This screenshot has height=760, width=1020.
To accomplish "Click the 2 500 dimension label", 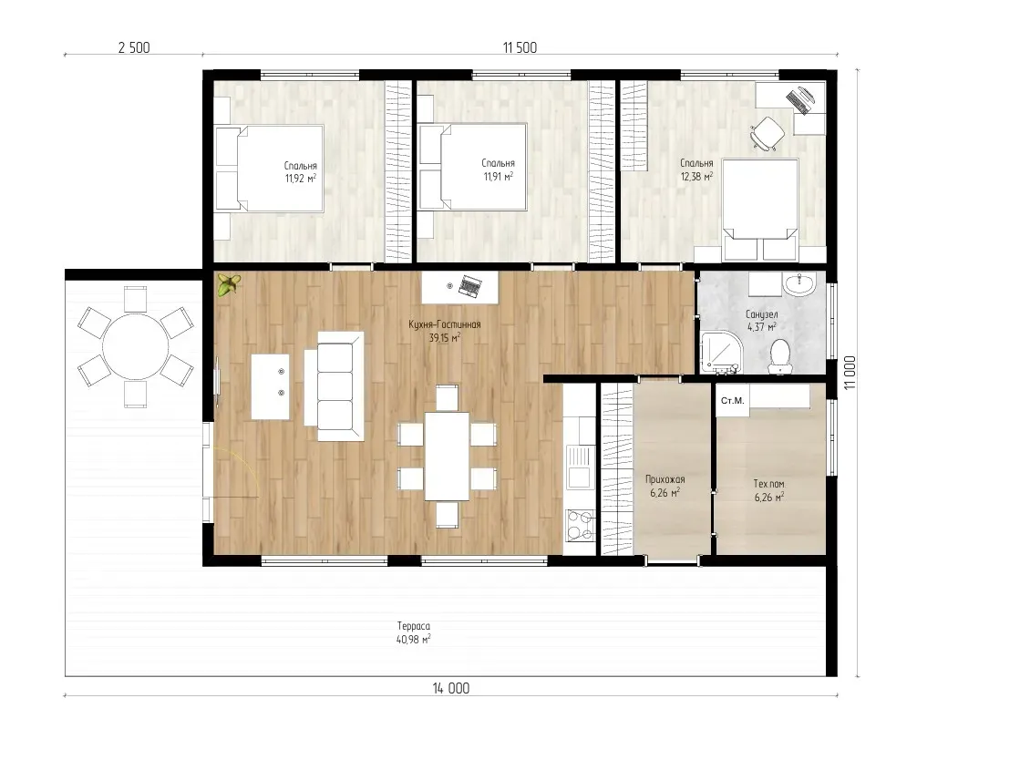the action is [x=134, y=47].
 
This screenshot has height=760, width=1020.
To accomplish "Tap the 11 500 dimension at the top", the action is [x=520, y=47].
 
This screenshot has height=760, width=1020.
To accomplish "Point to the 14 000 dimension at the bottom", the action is [x=451, y=688].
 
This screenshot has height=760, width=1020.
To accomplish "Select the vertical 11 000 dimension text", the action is [x=850, y=373].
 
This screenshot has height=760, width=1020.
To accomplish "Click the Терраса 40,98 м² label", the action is [x=414, y=632].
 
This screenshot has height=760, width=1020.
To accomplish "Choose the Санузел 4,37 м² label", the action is [x=762, y=321].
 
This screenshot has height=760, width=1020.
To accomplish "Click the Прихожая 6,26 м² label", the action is [x=665, y=486].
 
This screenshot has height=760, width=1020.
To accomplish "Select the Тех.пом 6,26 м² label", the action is [x=769, y=490].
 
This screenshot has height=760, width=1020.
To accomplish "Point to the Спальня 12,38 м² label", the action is [x=696, y=169].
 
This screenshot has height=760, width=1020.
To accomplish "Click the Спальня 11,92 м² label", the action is [x=301, y=171].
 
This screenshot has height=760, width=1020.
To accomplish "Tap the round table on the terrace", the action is [x=136, y=346].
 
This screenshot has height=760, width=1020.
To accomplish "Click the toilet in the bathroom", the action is [x=779, y=357].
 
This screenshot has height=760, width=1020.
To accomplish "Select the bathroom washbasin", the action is [x=798, y=284].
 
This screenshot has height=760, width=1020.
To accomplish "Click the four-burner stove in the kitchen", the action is [x=580, y=525].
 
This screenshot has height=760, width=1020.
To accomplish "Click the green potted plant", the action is [x=228, y=284].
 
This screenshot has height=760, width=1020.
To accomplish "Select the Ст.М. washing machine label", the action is [x=733, y=400].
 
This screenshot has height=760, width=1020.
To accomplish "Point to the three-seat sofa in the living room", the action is [x=335, y=386].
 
